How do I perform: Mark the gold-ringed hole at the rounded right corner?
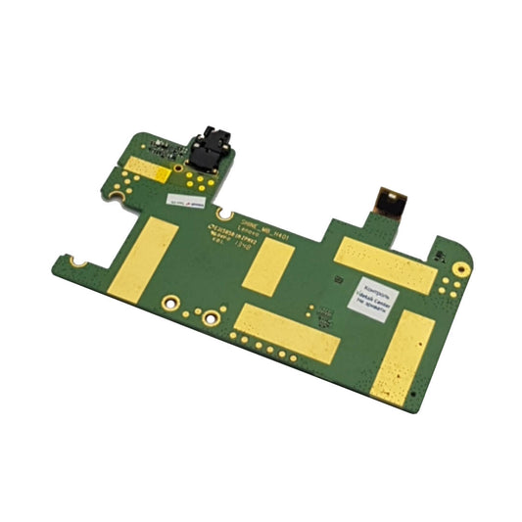coord(457,269)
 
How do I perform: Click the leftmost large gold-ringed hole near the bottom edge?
coord(170,303)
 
